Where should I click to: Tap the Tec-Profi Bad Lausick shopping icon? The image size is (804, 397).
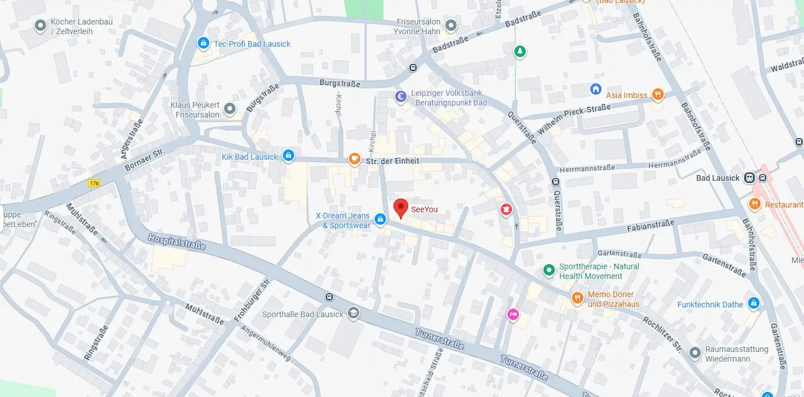(x=203, y=43)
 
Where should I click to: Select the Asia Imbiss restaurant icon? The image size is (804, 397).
(x=658, y=95)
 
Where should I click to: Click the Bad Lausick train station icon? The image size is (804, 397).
(x=749, y=178)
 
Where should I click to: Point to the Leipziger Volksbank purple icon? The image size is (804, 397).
(x=400, y=97)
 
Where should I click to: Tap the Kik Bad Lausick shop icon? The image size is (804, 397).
(x=288, y=155)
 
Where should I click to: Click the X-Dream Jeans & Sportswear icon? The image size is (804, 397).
(x=380, y=219)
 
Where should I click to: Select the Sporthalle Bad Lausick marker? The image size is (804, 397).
(x=354, y=313)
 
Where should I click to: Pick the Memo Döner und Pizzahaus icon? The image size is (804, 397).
(x=577, y=298)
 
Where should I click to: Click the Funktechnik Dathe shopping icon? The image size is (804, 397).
(x=754, y=304)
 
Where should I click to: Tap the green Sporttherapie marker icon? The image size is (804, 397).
(x=549, y=270)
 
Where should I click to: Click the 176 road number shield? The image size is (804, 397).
(x=94, y=183)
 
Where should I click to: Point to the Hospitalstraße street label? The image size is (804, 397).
(x=177, y=242)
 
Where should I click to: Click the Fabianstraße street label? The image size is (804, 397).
(x=651, y=224)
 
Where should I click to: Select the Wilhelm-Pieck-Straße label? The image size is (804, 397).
(x=574, y=120)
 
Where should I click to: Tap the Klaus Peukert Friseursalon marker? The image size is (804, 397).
(x=230, y=109)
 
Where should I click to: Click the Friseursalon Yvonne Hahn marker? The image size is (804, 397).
(x=450, y=26)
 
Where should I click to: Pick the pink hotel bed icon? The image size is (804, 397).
(x=513, y=314)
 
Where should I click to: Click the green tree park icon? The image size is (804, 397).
(x=519, y=52)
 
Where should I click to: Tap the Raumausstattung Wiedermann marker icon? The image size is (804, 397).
(x=695, y=353)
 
